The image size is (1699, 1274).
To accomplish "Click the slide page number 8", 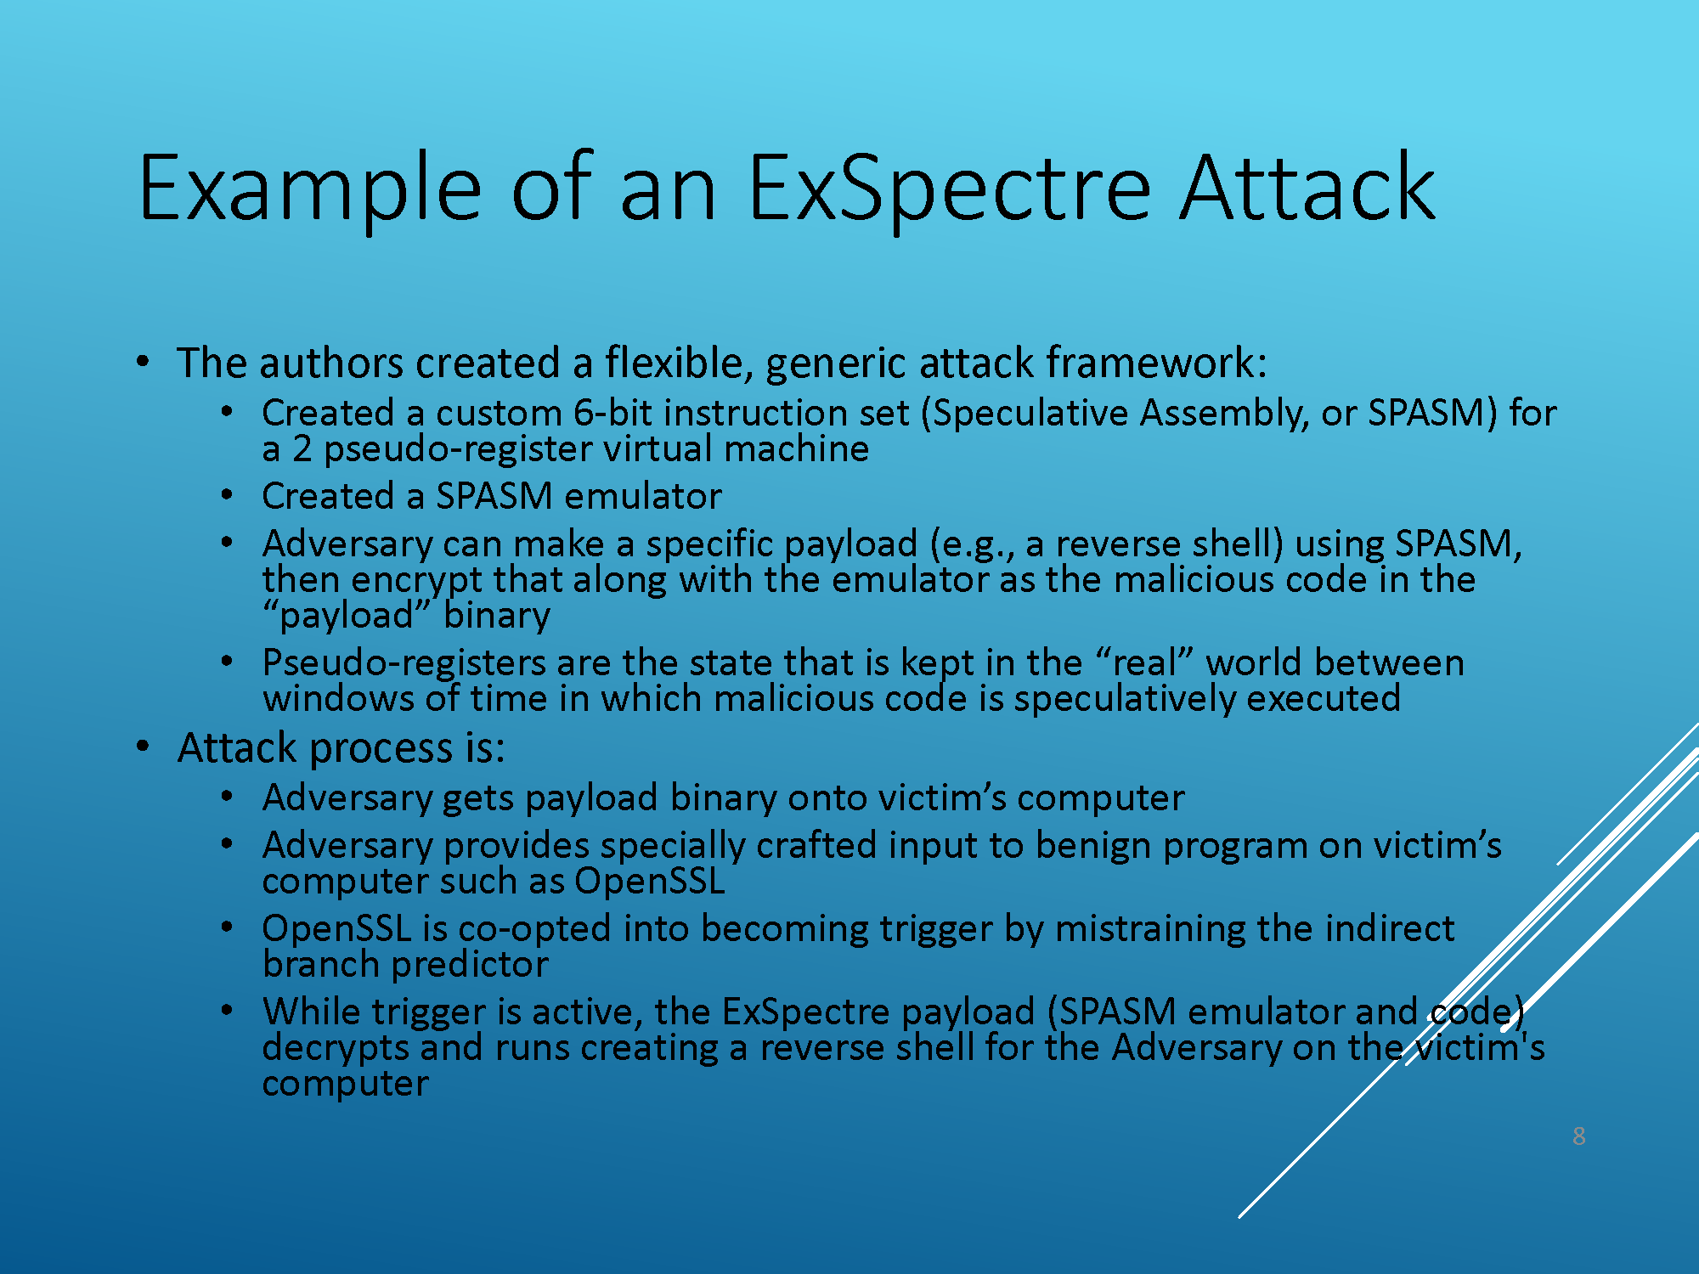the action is click(1579, 1136).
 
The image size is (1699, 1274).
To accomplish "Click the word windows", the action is click(338, 699).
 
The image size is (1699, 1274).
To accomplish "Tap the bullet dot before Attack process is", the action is click(143, 747).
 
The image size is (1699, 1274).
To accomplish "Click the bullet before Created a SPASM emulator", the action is click(227, 495).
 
